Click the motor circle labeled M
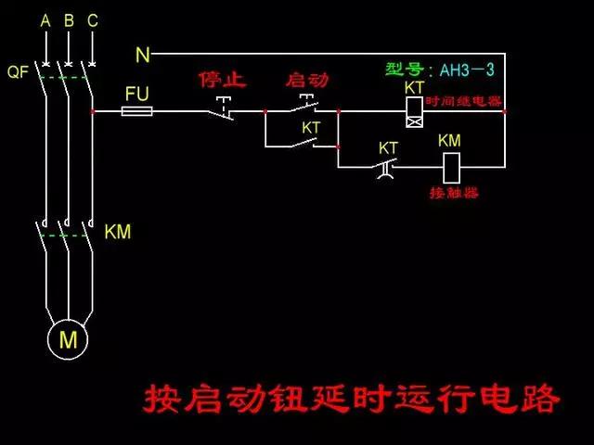(68, 340)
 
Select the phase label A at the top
(45, 19)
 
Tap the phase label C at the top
(92, 19)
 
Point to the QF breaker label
(18, 71)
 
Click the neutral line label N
(142, 56)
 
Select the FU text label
(137, 94)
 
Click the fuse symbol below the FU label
(138, 111)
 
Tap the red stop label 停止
(223, 80)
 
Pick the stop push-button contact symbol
(221, 109)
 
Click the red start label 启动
(307, 80)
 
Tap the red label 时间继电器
(464, 100)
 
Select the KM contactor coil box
(450, 167)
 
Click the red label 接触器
(454, 194)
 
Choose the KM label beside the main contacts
(118, 232)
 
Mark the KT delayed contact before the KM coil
(387, 167)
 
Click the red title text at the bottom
(352, 398)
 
